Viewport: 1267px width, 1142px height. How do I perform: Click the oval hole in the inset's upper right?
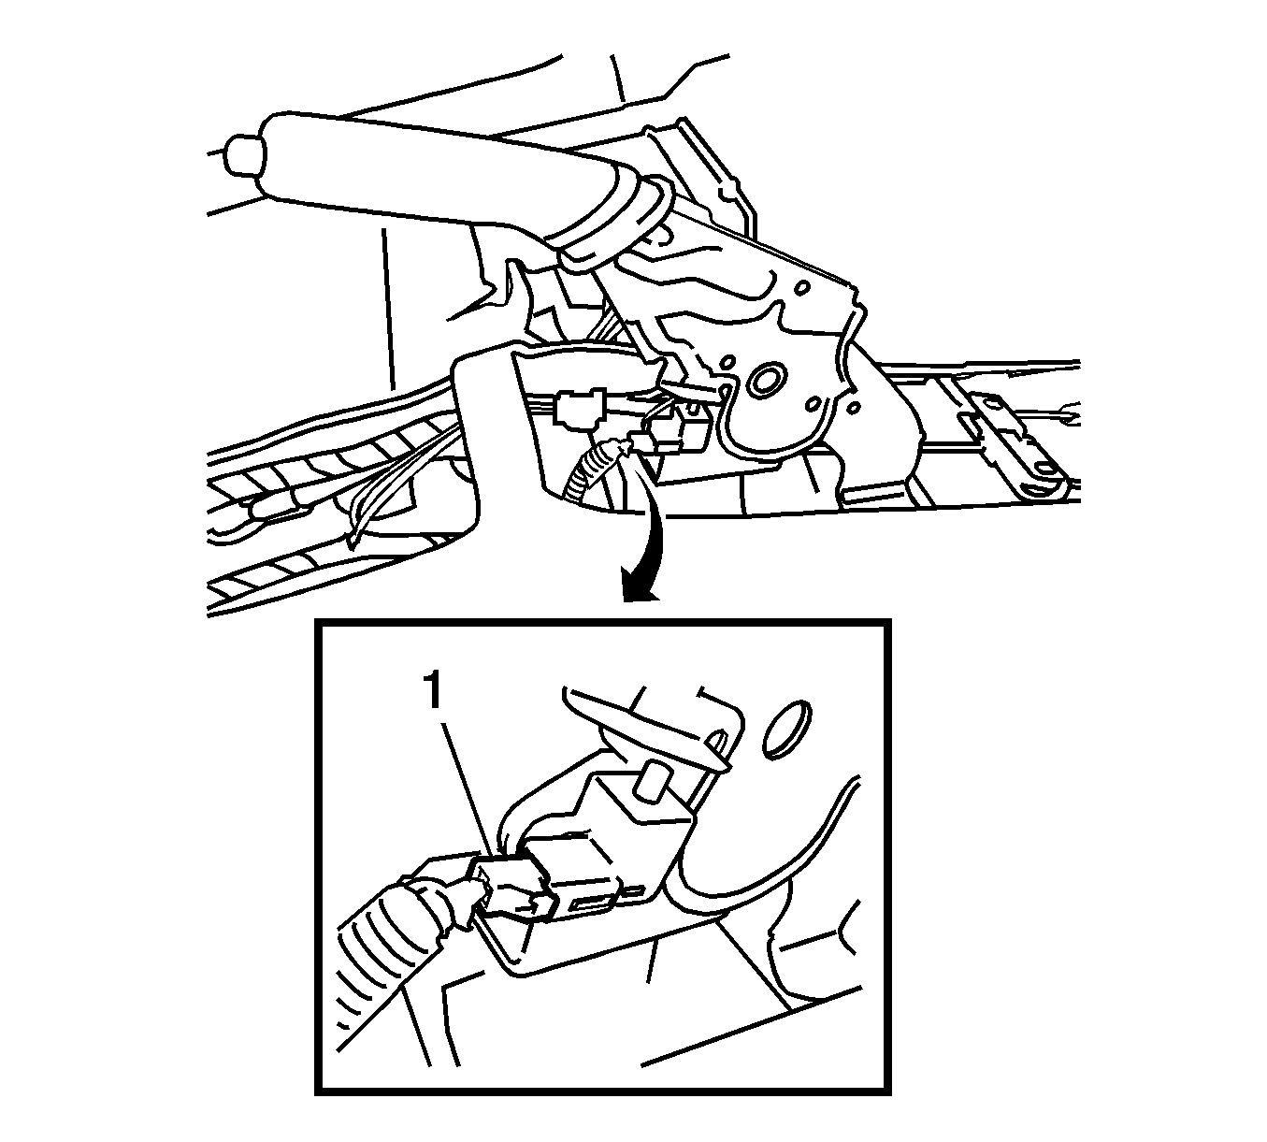[786, 728]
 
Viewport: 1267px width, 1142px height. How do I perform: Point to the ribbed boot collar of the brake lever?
[610, 221]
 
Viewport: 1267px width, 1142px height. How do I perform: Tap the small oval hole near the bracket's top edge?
[802, 287]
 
